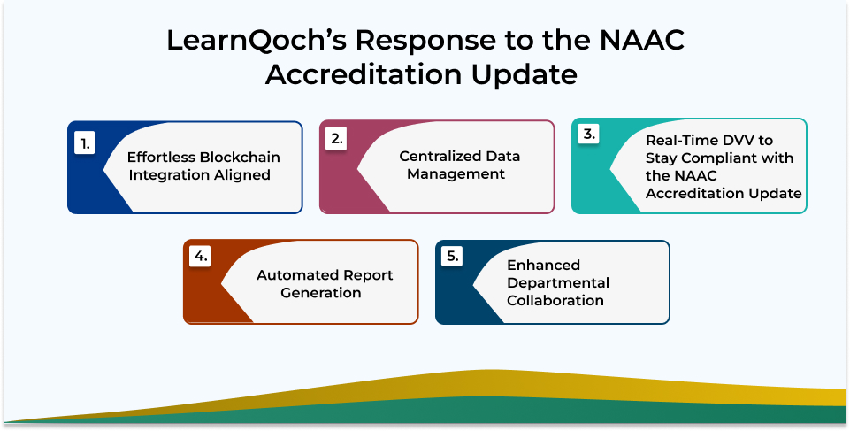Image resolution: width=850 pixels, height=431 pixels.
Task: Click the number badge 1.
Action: (85, 144)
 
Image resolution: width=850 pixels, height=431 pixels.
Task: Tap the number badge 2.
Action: (337, 139)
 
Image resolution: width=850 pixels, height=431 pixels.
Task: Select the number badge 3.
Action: (589, 135)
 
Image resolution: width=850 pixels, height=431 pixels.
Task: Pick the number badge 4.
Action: (200, 257)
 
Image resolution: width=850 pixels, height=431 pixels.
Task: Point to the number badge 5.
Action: (452, 257)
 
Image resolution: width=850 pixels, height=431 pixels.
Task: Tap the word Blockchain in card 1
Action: (241, 158)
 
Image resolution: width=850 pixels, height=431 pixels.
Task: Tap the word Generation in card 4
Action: (321, 293)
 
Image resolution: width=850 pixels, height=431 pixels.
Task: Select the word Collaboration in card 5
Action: (555, 300)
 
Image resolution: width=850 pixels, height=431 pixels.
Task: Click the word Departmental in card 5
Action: (558, 283)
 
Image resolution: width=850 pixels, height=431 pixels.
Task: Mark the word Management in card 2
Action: (456, 174)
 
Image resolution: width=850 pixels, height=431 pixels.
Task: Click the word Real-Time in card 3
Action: (682, 141)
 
